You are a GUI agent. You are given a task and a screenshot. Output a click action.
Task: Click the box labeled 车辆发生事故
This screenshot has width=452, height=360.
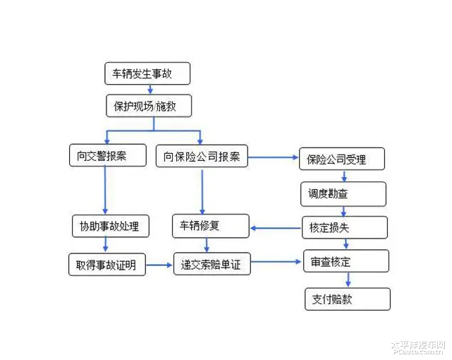(x=147, y=73)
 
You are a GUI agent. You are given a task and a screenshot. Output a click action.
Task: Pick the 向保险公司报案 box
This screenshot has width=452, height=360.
(x=202, y=156)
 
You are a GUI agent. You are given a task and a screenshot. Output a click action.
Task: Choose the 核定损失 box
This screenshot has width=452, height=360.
(x=345, y=227)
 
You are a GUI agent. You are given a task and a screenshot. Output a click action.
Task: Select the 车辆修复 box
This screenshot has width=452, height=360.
(x=210, y=226)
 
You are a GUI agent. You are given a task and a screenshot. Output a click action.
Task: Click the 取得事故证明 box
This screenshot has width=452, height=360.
(x=106, y=265)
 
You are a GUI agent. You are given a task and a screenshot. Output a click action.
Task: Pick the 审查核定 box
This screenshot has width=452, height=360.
(x=346, y=262)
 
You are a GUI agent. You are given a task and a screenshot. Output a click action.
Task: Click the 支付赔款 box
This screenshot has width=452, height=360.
(x=347, y=299)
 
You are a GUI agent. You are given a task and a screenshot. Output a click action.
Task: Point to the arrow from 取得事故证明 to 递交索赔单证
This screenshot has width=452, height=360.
(x=159, y=265)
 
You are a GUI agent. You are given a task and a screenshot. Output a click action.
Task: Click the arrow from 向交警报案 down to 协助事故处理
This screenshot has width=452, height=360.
(x=106, y=191)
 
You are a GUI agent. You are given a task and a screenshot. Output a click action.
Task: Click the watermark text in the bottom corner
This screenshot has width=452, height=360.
(x=418, y=346)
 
